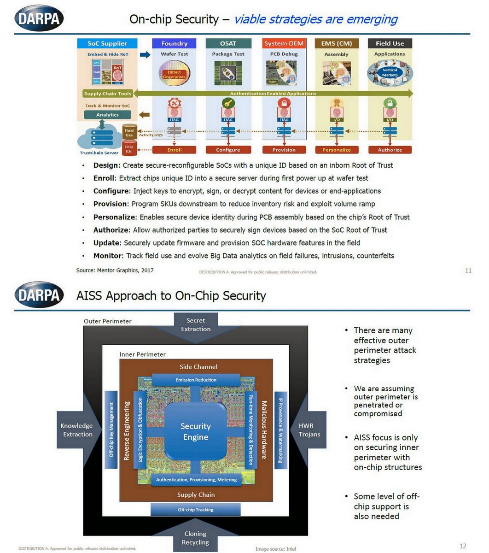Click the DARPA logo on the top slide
pos(39,19)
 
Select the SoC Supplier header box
pos(107,43)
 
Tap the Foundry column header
pos(174,43)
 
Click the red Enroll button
pos(174,150)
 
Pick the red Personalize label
pos(337,150)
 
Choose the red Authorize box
pos(390,150)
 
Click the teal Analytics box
pos(107,115)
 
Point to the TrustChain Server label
pos(99,153)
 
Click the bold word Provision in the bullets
pos(110,204)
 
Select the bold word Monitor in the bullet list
pos(108,255)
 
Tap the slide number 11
pos(468,271)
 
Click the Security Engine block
pos(196,432)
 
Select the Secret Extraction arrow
pos(196,325)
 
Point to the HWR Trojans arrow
pos(309,430)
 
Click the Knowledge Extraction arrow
pos(78,430)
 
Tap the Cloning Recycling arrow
pos(196,538)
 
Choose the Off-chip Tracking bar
pos(196,510)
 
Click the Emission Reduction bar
pos(196,380)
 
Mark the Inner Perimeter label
pos(142,354)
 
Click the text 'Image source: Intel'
pos(276,549)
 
